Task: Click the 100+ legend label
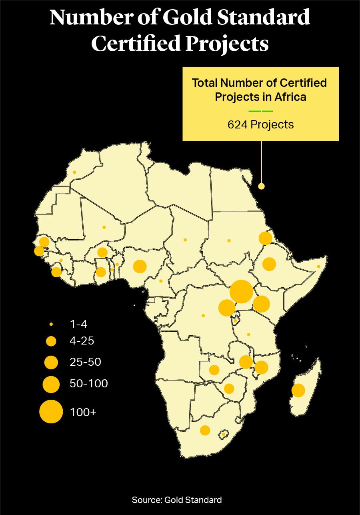point(83,412)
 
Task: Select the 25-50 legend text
point(85,362)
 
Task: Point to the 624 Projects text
point(260,124)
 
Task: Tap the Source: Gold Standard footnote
point(176,500)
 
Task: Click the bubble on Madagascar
point(298,390)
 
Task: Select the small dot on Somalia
point(319,267)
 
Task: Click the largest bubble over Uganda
point(241,292)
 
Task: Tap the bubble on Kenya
point(261,304)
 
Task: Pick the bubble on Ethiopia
point(269,264)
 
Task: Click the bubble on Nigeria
point(140,266)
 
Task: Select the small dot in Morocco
point(74,172)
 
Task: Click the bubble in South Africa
point(205,430)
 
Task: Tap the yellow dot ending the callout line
point(261,186)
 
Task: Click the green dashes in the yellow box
point(260,111)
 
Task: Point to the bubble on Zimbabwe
point(229,389)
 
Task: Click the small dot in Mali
point(104,227)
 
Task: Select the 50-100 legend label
point(88,384)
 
